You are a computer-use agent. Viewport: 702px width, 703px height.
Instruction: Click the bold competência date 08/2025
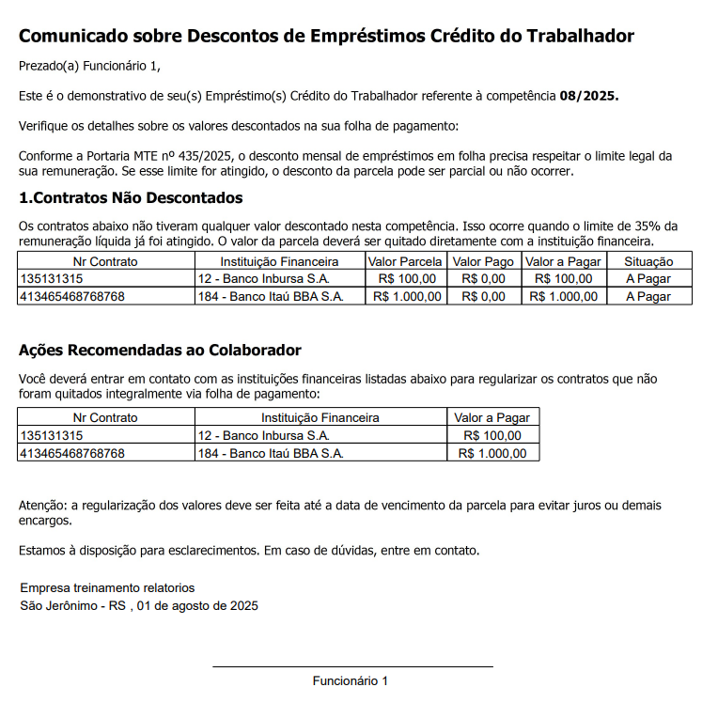[588, 97]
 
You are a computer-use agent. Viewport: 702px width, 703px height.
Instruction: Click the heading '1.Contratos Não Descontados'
[131, 198]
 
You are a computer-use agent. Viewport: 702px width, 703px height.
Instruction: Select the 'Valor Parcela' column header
[405, 261]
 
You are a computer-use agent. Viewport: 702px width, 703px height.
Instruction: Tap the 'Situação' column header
[648, 261]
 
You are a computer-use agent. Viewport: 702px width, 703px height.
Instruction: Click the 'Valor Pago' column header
[483, 261]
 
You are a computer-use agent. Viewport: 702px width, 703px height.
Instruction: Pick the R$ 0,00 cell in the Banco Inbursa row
[483, 279]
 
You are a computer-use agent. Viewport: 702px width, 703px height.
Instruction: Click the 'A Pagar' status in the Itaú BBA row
[648, 296]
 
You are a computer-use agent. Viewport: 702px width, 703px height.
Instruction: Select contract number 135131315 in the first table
[52, 279]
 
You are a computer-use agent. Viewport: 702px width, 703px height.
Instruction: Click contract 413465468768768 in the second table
[72, 453]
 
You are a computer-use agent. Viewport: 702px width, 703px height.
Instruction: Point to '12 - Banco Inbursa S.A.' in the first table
[264, 279]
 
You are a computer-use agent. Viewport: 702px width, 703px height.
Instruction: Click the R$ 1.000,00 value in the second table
[492, 453]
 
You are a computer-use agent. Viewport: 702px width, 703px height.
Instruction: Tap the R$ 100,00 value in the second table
[492, 436]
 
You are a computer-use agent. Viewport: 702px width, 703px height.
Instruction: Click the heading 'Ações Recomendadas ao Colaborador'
[160, 351]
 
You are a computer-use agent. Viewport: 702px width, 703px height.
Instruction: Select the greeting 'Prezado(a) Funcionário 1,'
[90, 66]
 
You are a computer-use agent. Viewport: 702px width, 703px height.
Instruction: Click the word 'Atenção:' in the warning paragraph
[43, 506]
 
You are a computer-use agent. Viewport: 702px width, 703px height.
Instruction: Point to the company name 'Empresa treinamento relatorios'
[107, 588]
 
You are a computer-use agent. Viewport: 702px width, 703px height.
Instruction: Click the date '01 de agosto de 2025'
[197, 605]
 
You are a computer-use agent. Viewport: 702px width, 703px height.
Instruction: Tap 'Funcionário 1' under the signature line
[351, 680]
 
